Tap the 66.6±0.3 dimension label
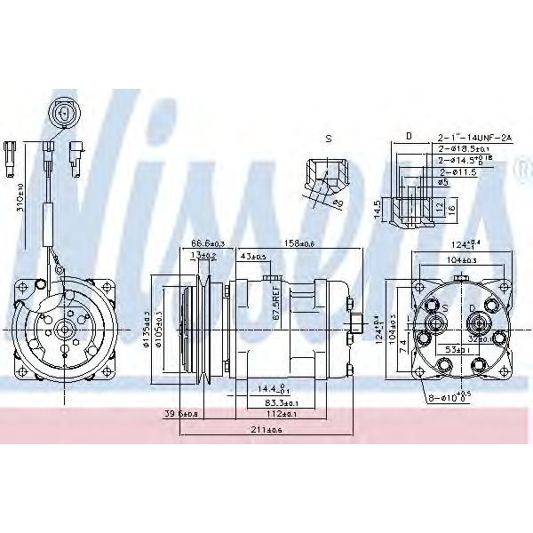[209, 244]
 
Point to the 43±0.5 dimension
[253, 258]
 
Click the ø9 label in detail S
[338, 203]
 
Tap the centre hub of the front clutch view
[63, 328]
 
